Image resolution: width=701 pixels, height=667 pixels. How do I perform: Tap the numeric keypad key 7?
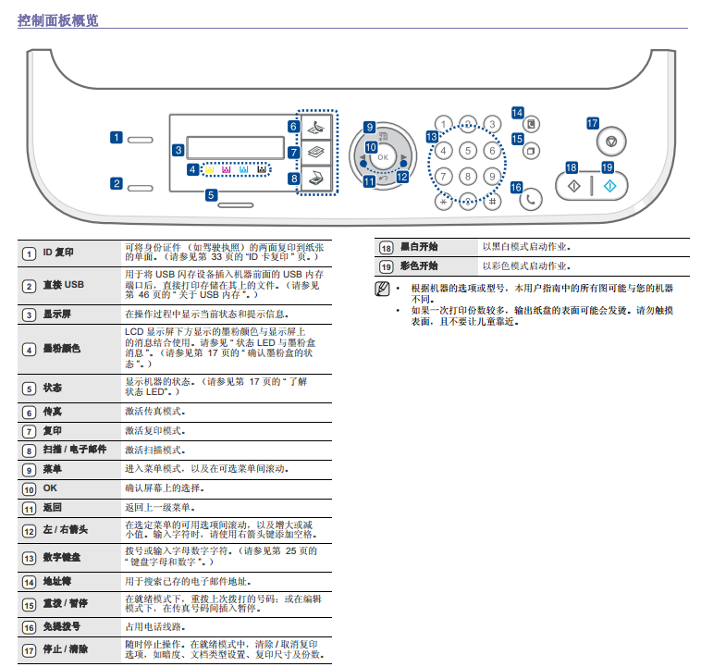pos(444,176)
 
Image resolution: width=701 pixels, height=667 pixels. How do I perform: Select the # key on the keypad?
pos(493,201)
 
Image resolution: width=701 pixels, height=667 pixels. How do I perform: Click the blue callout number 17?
pos(593,122)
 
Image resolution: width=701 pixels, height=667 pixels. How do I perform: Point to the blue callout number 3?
pos(178,149)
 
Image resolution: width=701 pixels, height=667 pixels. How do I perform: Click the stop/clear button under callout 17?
pos(609,142)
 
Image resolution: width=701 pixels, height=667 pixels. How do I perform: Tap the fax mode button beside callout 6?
pos(316,127)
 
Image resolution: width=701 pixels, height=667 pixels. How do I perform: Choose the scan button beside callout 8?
pos(316,178)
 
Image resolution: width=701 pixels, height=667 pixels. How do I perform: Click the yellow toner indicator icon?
pos(210,170)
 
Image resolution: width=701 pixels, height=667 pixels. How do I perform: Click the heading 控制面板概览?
pos(57,20)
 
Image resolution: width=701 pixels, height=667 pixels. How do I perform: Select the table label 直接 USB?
pos(63,285)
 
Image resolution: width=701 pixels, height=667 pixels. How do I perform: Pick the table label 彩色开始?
pos(419,266)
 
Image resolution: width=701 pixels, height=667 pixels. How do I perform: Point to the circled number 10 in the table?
pos(29,488)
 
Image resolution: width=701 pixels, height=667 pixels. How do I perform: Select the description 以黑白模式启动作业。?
pos(526,247)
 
